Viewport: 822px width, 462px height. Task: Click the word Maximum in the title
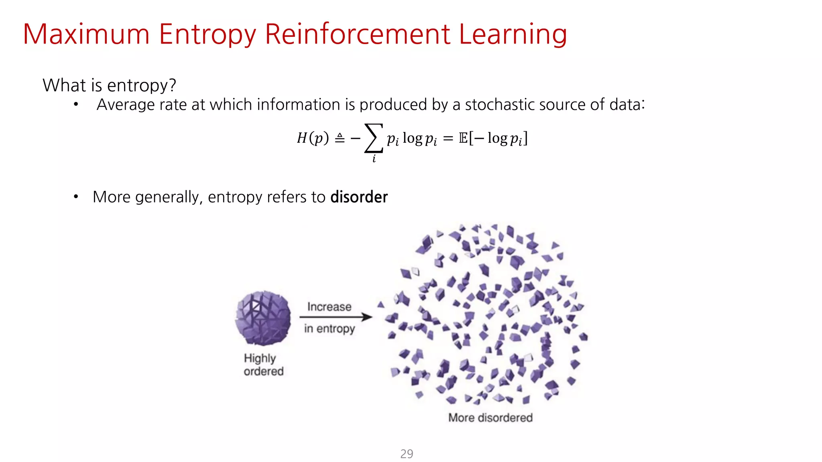click(x=86, y=34)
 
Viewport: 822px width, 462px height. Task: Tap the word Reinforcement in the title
click(x=358, y=34)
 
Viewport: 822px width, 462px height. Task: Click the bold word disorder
click(x=359, y=197)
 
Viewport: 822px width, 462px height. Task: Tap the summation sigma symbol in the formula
click(x=373, y=138)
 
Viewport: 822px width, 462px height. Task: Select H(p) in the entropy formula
click(x=312, y=138)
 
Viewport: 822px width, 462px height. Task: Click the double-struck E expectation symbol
click(x=463, y=138)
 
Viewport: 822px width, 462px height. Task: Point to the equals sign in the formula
click(x=448, y=139)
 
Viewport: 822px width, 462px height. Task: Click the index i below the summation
click(x=374, y=158)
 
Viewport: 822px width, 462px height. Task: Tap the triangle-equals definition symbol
click(x=340, y=138)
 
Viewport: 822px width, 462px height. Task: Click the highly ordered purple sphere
click(x=263, y=318)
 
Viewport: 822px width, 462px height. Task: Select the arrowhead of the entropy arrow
click(x=367, y=317)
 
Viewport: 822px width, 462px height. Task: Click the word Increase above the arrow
click(x=329, y=307)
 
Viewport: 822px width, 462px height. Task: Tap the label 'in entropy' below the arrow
click(x=329, y=329)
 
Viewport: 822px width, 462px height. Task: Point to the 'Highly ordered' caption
click(x=263, y=365)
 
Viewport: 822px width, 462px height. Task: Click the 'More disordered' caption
click(x=490, y=418)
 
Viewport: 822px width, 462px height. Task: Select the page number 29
click(x=407, y=454)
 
